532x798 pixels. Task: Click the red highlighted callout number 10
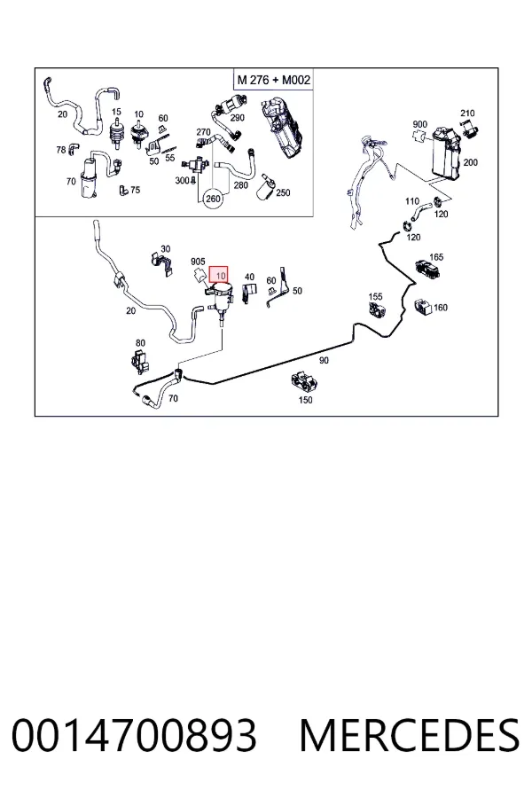219,276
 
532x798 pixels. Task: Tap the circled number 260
213,198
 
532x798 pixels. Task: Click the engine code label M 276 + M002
273,80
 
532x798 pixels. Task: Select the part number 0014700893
134,735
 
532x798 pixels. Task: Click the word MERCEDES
410,735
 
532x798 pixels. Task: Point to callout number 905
198,262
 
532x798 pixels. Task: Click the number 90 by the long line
324,360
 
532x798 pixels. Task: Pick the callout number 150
305,400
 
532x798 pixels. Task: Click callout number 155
375,296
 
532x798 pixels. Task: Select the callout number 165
436,257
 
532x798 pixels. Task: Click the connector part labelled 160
423,306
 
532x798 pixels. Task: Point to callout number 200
471,162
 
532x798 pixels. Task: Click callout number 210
467,113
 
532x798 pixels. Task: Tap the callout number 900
420,124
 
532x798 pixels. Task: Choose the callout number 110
412,201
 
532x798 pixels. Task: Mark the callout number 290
238,118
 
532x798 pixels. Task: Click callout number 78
61,150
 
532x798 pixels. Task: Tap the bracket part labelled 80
138,360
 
